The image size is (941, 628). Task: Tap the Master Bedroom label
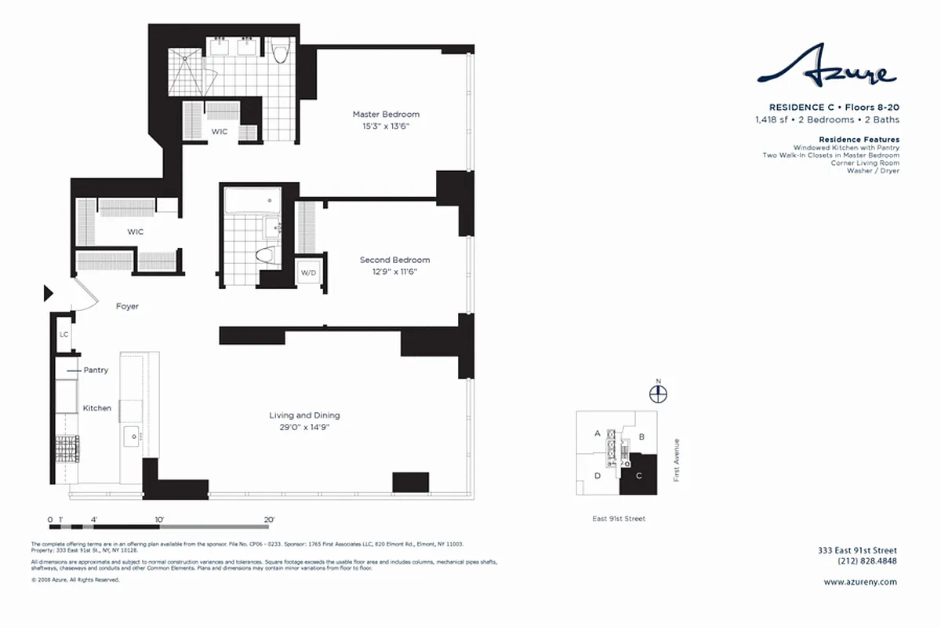pyautogui.click(x=386, y=115)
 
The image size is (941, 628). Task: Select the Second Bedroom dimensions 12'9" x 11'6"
pyautogui.click(x=394, y=272)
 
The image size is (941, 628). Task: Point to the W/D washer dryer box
pyautogui.click(x=307, y=273)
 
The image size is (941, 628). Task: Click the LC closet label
pyautogui.click(x=64, y=334)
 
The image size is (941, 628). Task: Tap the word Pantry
pyautogui.click(x=96, y=370)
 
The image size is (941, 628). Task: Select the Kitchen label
pyautogui.click(x=97, y=408)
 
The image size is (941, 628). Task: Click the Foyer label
pyautogui.click(x=127, y=306)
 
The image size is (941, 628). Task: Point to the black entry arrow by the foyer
pyautogui.click(x=47, y=294)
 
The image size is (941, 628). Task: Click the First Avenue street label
pyautogui.click(x=677, y=459)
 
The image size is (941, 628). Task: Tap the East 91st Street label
pyautogui.click(x=619, y=518)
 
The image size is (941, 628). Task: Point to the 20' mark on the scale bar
pyautogui.click(x=269, y=520)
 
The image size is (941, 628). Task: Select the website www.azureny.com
pyautogui.click(x=860, y=582)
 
